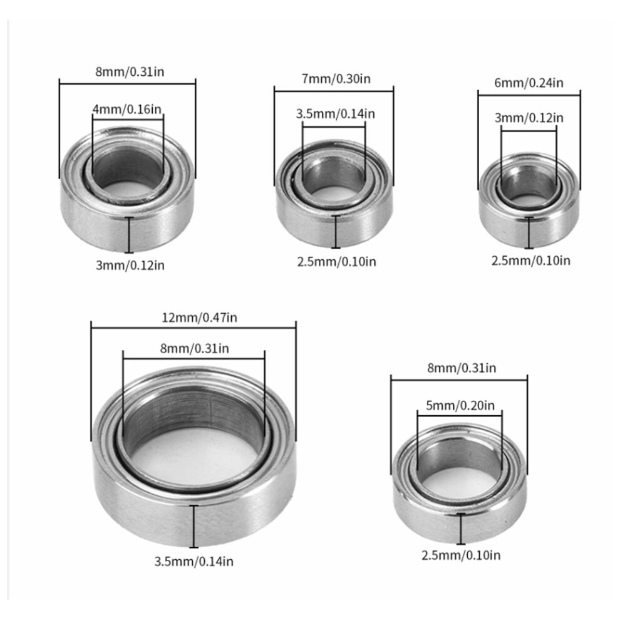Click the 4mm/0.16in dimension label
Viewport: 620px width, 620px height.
[x=127, y=109]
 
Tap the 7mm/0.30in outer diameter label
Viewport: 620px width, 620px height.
[x=336, y=79]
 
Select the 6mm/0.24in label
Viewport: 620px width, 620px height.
[x=529, y=83]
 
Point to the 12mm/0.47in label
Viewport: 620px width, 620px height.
[x=199, y=318]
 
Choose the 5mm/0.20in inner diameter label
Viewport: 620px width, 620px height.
[x=460, y=405]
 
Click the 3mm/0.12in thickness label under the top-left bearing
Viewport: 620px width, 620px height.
[x=130, y=265]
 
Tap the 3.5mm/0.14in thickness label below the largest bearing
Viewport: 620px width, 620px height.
[x=194, y=562]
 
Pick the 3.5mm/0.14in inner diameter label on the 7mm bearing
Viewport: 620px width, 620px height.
[x=335, y=114]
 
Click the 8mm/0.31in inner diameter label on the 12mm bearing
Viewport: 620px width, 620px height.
[x=195, y=348]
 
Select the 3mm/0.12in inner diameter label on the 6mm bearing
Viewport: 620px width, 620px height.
[x=529, y=118]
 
